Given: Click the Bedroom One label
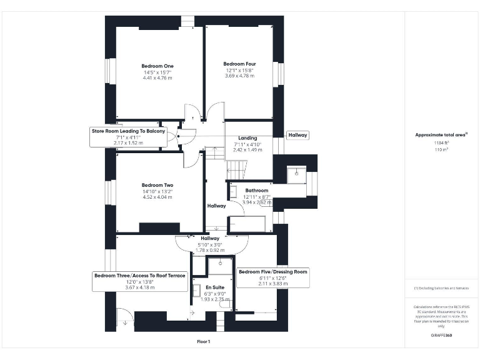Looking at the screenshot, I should (157, 66).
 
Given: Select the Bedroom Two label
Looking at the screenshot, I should (157, 185).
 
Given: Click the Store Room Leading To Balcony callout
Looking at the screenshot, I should (128, 131).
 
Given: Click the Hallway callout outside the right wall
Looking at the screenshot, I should (297, 135).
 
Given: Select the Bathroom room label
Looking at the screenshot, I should (256, 191).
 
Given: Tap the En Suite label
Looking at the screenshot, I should (214, 287).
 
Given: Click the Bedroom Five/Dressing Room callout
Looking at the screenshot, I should (273, 272).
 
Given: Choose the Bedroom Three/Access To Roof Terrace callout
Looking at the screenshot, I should (139, 275).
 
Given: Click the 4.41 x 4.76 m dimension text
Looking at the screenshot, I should (157, 78).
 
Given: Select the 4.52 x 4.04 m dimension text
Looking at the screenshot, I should (157, 197).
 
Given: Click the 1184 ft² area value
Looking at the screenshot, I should (442, 143).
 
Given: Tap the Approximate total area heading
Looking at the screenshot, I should (441, 135).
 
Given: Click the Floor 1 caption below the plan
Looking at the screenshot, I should (203, 342).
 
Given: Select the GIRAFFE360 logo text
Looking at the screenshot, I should (441, 336).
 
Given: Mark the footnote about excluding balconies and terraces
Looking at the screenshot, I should (441, 288).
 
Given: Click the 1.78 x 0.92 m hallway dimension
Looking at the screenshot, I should (210, 250).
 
